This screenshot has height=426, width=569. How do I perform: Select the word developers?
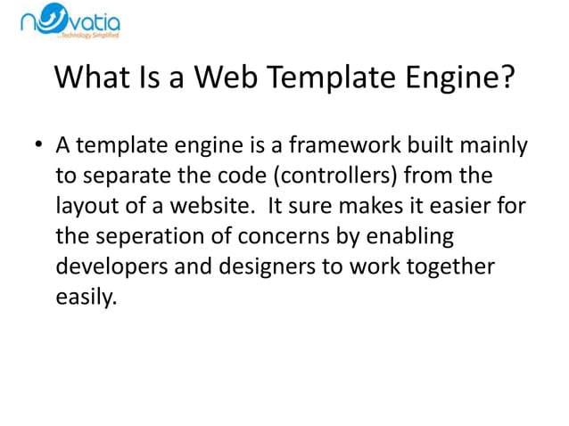111,267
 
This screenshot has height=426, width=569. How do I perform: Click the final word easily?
86,299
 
